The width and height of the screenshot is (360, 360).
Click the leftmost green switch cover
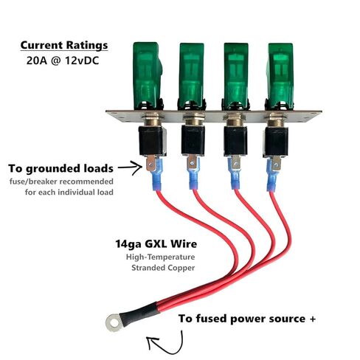(147, 75)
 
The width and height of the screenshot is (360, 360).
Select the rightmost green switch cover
(280, 76)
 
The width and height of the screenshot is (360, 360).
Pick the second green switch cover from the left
(191, 76)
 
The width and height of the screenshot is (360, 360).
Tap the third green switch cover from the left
(235, 76)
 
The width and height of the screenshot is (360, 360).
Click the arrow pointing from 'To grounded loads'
(131, 168)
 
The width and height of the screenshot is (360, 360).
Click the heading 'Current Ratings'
(64, 45)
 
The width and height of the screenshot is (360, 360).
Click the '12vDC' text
(82, 60)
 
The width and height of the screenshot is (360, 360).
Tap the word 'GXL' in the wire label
(156, 244)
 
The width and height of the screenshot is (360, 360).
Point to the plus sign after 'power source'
(312, 319)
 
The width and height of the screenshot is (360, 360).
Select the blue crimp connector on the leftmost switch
(156, 175)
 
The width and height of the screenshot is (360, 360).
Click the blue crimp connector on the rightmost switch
(272, 175)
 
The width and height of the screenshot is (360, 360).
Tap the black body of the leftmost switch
(152, 141)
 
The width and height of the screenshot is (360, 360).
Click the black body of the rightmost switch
(275, 142)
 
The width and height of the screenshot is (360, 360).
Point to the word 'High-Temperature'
(160, 257)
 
